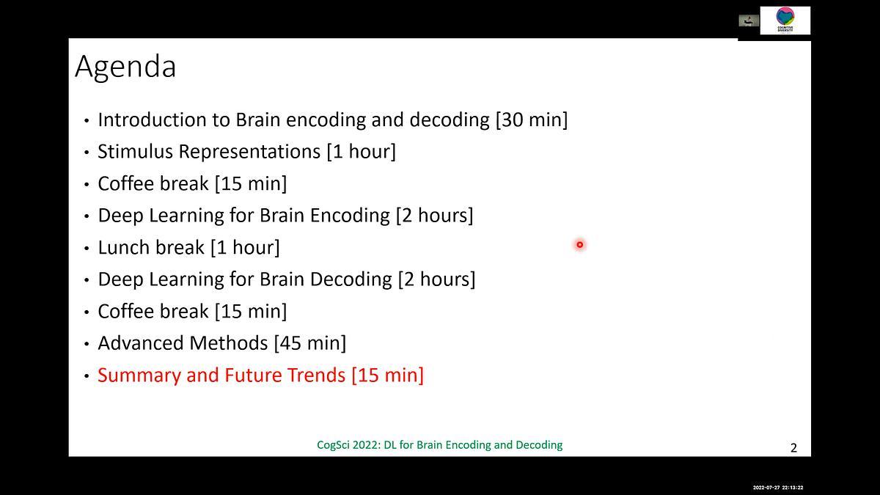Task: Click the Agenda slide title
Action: pos(125,67)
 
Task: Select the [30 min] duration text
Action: pos(532,120)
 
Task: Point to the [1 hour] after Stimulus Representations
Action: pos(361,152)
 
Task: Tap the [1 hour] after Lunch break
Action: pos(245,248)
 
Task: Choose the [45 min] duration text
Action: pos(309,343)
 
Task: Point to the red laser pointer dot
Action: pos(579,245)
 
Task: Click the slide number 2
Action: pos(793,448)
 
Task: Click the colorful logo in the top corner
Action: pos(785,20)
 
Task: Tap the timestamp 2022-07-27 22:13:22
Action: pos(778,488)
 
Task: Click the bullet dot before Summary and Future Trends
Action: pos(87,376)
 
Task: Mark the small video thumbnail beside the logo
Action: pos(748,21)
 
